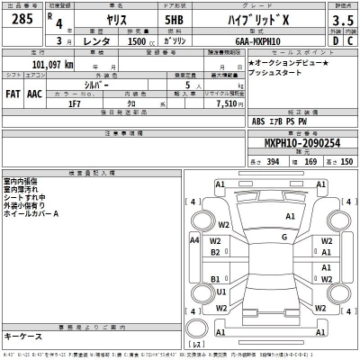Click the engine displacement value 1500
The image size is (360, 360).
(x=139, y=41)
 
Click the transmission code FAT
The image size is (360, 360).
(x=13, y=94)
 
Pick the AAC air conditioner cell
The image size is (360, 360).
(x=34, y=94)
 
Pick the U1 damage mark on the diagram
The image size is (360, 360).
(x=221, y=292)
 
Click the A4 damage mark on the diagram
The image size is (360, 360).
(x=194, y=240)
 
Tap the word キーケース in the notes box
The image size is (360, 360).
(x=26, y=336)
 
